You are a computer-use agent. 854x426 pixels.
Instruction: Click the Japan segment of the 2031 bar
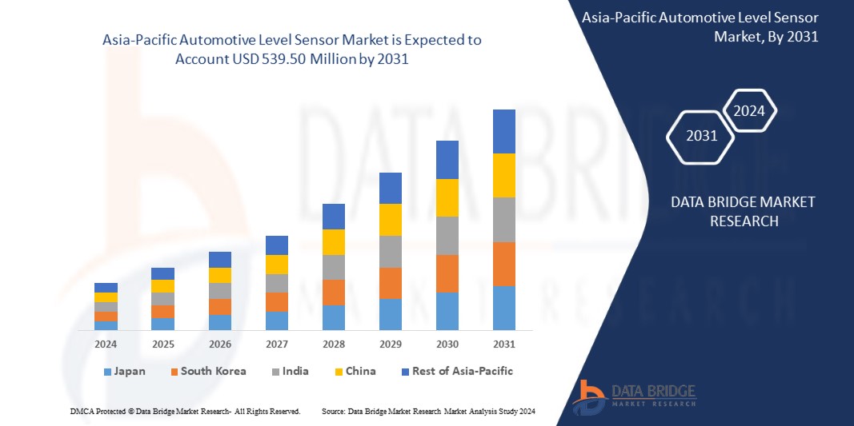(x=503, y=308)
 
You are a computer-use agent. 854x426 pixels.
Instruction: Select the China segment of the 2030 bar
(x=447, y=197)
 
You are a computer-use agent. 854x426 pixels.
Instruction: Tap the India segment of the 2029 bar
(x=390, y=251)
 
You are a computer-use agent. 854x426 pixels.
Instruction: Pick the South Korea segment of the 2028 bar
(x=333, y=292)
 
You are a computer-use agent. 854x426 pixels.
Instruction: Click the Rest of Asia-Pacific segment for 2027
(x=276, y=245)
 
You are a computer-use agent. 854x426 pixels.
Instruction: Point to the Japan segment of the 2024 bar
(x=106, y=325)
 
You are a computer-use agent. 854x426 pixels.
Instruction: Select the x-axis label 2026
(x=219, y=344)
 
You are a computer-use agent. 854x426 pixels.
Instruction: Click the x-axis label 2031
(x=503, y=344)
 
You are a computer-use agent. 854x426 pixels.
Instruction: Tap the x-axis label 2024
(x=106, y=344)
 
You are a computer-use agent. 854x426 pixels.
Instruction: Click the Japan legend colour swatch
(x=107, y=372)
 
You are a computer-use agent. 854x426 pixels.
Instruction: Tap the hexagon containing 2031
(x=701, y=136)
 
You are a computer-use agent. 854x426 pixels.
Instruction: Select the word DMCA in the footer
(x=81, y=411)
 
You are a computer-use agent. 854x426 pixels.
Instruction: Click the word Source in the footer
(x=333, y=411)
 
